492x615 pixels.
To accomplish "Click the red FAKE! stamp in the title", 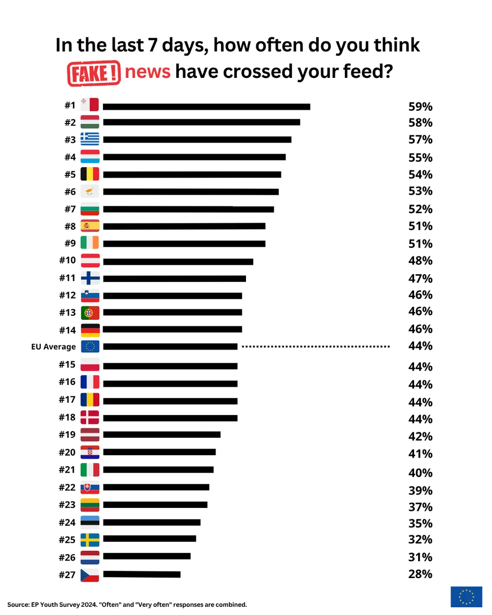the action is (x=94, y=73).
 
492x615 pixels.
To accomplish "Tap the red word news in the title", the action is (x=148, y=71).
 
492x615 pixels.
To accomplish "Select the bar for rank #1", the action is (x=207, y=107).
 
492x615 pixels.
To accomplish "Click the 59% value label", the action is (x=420, y=107).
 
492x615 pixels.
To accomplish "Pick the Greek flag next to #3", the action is (x=90, y=139).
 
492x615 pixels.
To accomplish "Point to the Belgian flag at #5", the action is (x=90, y=174).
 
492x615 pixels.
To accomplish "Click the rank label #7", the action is (x=70, y=209).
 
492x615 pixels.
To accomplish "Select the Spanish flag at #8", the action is (x=90, y=226).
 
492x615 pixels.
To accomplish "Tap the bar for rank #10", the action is (x=178, y=262).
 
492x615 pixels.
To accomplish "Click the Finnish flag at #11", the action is (x=90, y=278).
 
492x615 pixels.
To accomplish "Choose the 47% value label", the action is (x=420, y=278).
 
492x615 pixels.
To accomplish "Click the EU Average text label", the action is (x=53, y=346).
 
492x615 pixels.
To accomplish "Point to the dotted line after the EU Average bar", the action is (x=316, y=346).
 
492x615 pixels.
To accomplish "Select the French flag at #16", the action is (x=90, y=382).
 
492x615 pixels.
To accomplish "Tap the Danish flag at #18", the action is (x=90, y=417).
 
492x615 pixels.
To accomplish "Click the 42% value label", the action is (x=420, y=436).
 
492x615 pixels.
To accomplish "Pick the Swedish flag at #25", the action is (x=90, y=540).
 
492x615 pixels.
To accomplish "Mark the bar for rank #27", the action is (x=142, y=574).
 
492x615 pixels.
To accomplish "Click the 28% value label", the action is (x=420, y=574).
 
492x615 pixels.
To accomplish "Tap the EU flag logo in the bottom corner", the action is (x=466, y=597).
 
